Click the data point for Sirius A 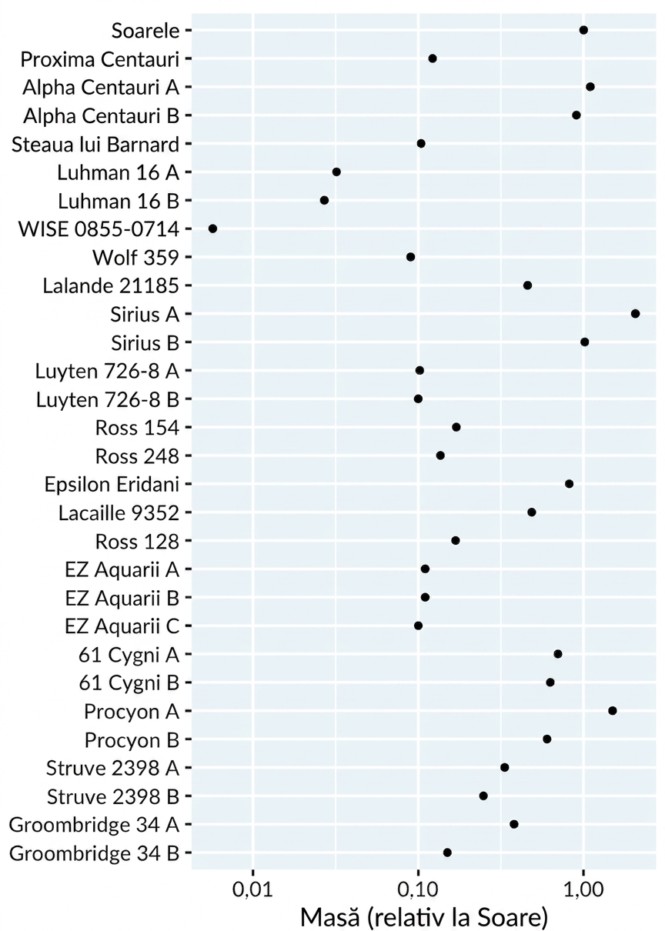click(635, 314)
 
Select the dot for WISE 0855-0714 click(213, 229)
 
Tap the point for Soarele click(583, 30)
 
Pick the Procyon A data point click(612, 711)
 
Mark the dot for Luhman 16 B click(324, 200)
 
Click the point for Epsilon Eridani click(570, 484)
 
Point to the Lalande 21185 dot click(527, 285)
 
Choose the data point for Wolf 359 click(410, 257)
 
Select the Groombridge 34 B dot click(447, 853)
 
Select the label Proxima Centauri click(100, 59)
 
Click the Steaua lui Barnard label click(95, 145)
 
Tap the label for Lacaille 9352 click(119, 513)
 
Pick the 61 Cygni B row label click(129, 684)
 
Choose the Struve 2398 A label click(112, 768)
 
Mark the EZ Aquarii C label click(122, 626)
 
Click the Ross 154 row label click(137, 428)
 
